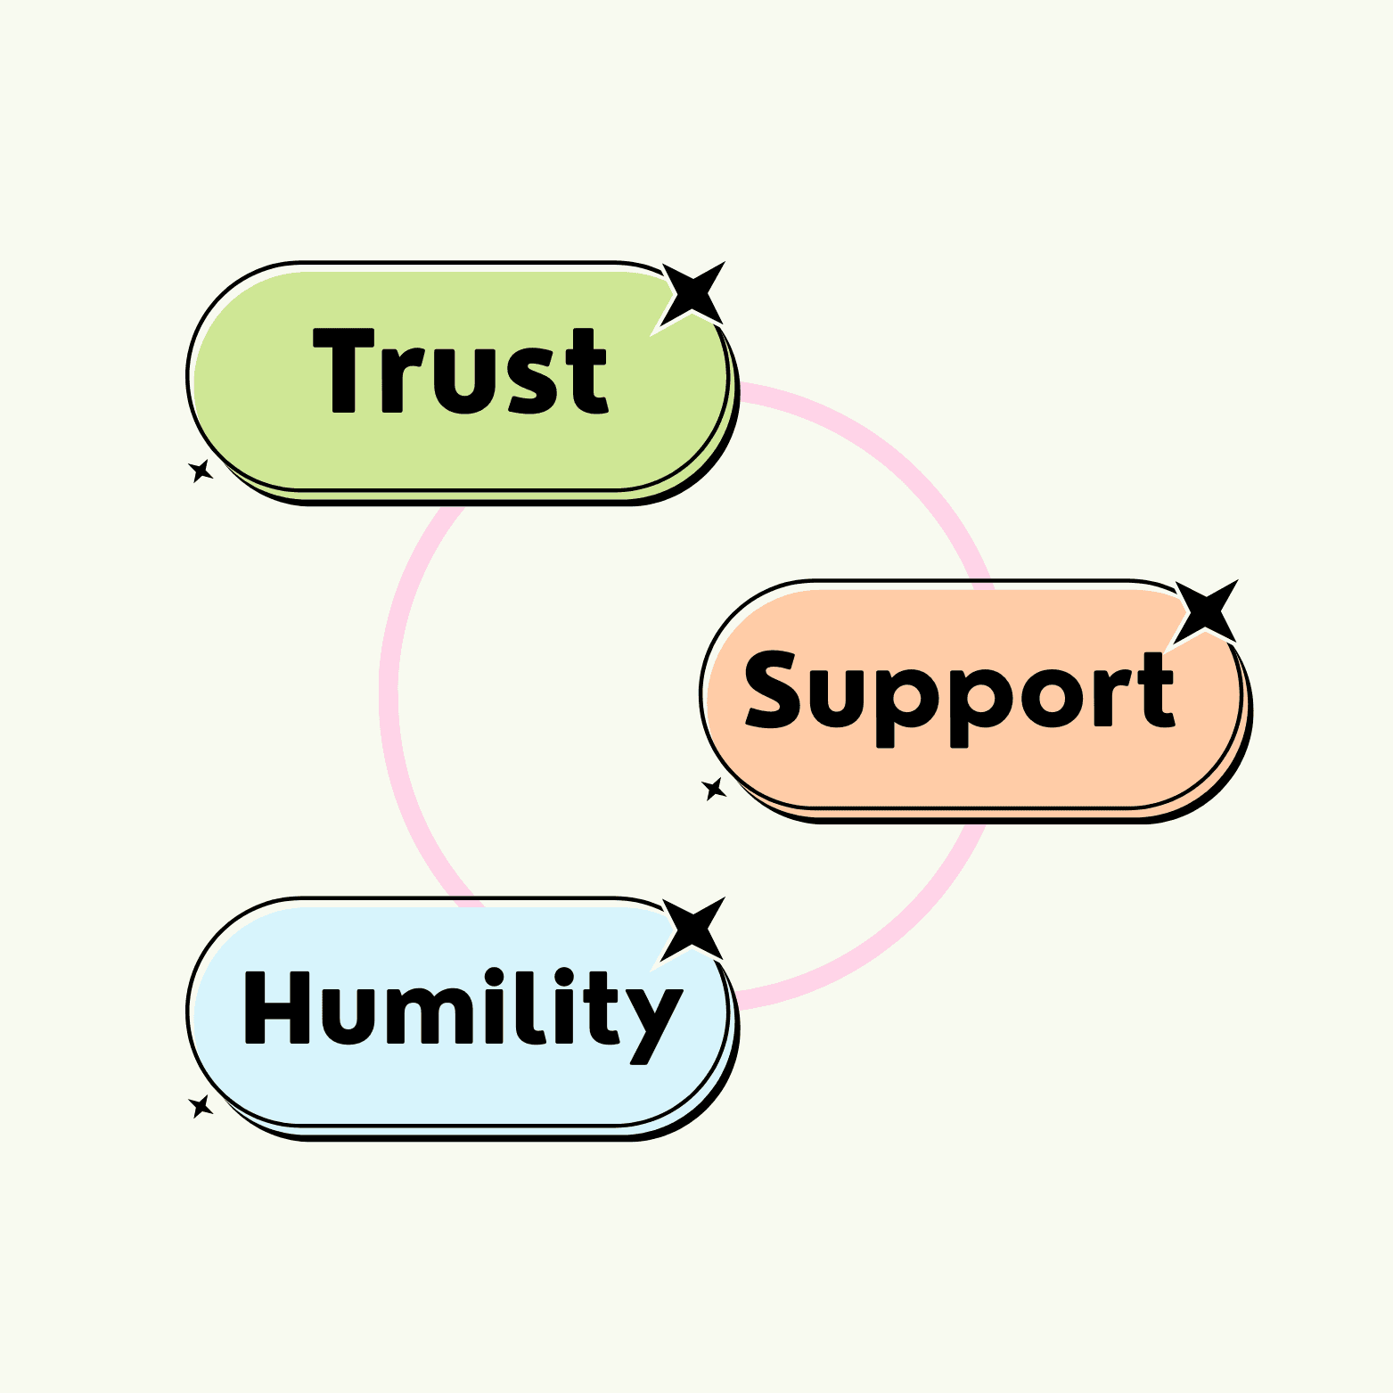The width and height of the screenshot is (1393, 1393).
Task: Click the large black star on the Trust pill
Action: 692,294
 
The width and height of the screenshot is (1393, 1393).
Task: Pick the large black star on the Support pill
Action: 1206,612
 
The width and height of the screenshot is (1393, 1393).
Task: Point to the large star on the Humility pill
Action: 692,930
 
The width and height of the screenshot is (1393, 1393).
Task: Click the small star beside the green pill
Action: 201,471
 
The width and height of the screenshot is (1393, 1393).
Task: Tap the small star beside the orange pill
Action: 714,789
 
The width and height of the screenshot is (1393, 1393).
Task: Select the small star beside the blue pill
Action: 201,1106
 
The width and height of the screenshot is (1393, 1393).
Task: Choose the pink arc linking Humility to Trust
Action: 389,695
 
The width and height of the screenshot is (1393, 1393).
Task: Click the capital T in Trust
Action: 343,370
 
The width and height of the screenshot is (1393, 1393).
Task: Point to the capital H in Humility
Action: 276,1007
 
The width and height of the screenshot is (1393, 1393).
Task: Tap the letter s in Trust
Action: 532,381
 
